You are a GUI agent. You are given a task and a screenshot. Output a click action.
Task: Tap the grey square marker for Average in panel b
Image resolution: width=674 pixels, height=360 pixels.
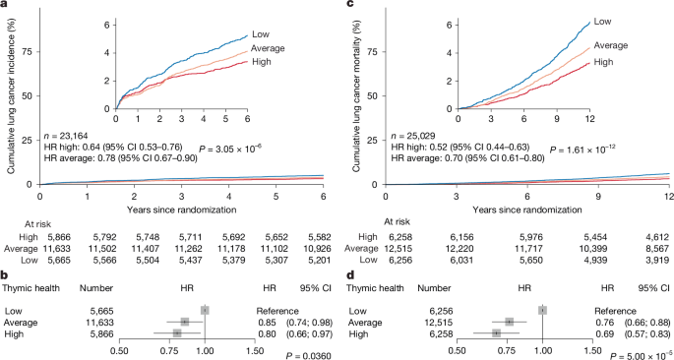pyautogui.click(x=184, y=322)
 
